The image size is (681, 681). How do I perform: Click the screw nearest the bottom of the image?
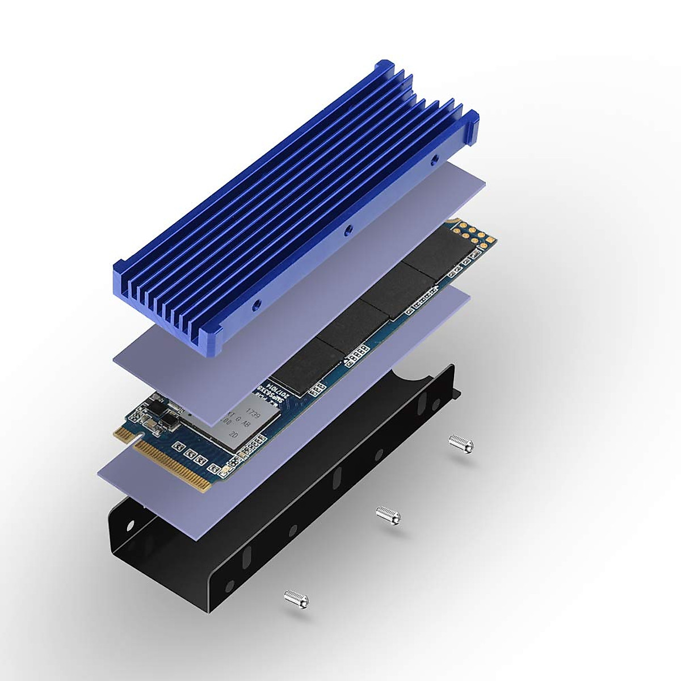coord(296,596)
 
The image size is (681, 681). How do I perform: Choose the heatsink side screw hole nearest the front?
coord(257,304)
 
